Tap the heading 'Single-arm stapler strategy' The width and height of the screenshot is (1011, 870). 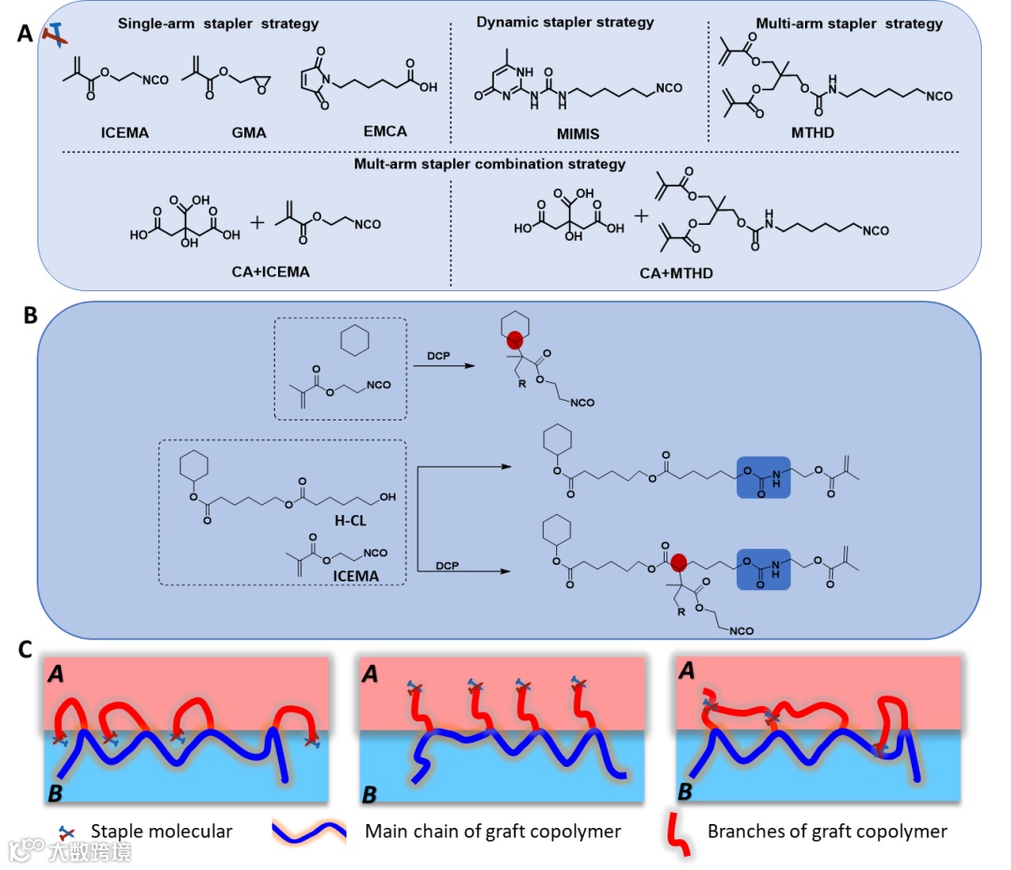(x=218, y=22)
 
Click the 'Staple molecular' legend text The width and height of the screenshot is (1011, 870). (x=161, y=831)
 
